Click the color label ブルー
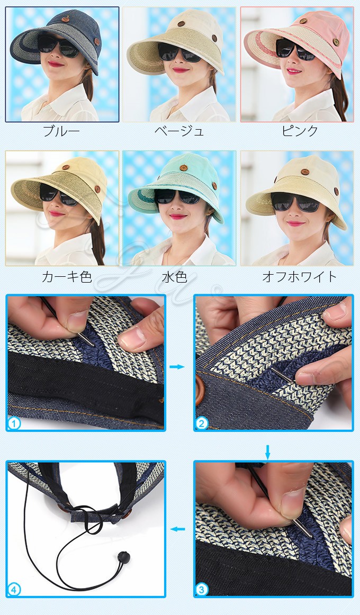(x=61, y=131)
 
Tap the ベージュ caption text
(x=179, y=131)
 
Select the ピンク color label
(x=300, y=131)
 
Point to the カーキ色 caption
(x=67, y=277)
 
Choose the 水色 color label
(x=175, y=277)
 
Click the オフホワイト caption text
(x=300, y=277)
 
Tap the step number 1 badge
(x=14, y=423)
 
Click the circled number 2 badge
(x=202, y=423)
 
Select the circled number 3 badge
(x=202, y=590)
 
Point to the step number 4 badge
(x=14, y=590)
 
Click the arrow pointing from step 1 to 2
(x=177, y=367)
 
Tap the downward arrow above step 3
(x=268, y=452)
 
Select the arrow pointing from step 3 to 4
(x=178, y=529)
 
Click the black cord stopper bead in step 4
(x=123, y=557)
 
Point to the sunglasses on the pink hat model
(x=295, y=50)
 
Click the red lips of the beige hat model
(x=181, y=70)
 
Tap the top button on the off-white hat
(x=305, y=172)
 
